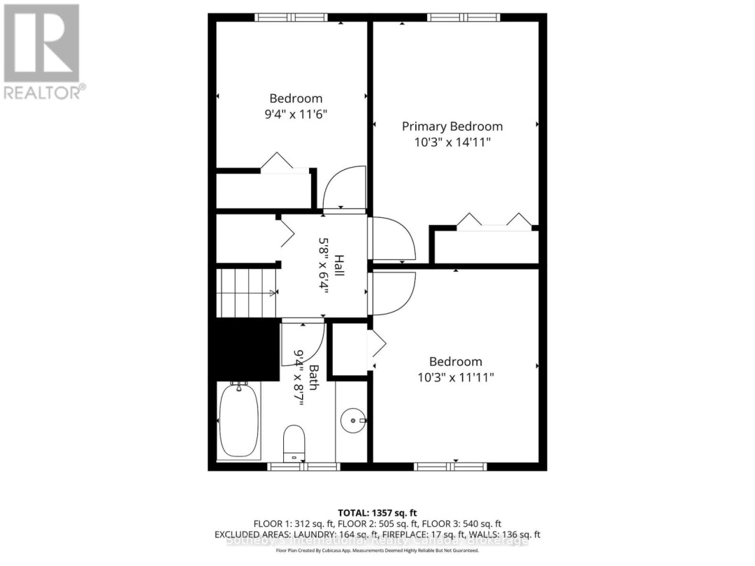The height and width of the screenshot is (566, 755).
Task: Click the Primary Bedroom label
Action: (x=452, y=126)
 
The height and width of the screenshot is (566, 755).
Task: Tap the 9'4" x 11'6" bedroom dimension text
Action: (x=296, y=114)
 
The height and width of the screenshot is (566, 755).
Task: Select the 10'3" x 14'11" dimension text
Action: (x=452, y=142)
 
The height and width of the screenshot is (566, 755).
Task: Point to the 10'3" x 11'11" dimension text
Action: (x=455, y=377)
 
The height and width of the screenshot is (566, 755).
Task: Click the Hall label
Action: (x=339, y=265)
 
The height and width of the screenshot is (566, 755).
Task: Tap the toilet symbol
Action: (x=294, y=442)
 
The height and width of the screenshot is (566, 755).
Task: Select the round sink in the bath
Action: (x=354, y=421)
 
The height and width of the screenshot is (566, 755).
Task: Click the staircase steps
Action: (x=247, y=292)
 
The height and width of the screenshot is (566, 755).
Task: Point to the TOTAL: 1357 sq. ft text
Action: (x=377, y=513)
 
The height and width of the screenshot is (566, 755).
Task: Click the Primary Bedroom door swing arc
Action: (x=393, y=240)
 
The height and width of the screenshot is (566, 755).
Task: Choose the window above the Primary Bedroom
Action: (x=463, y=17)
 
